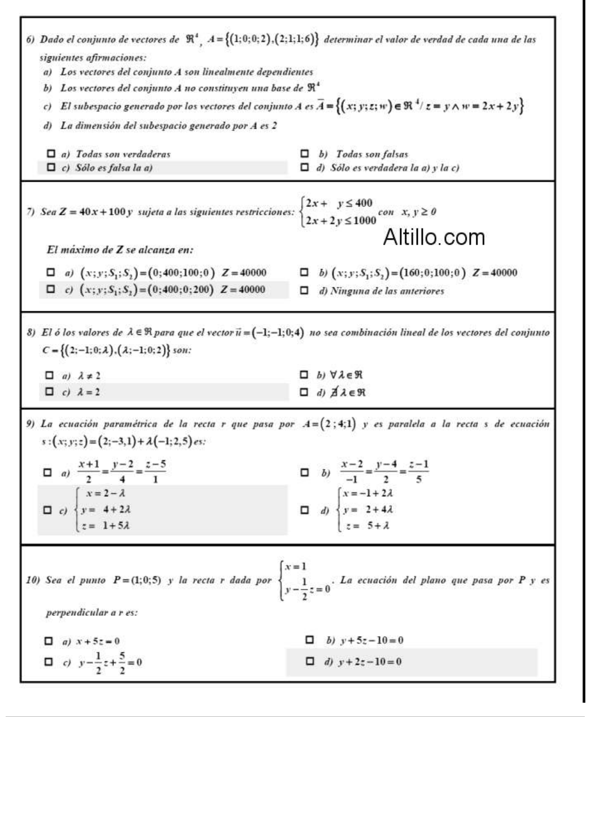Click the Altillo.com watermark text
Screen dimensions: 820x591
(434, 237)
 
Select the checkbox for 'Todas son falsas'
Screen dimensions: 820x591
(305, 153)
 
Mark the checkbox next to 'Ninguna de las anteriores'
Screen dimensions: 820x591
(305, 291)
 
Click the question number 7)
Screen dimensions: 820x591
(32, 212)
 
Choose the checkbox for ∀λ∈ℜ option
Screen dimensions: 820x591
(305, 374)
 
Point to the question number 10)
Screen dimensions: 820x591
(34, 580)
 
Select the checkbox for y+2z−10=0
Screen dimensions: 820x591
(309, 661)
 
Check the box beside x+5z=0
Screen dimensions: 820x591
(50, 641)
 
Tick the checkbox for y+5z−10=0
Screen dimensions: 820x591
(309, 640)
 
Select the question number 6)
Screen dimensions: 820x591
(32, 40)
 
